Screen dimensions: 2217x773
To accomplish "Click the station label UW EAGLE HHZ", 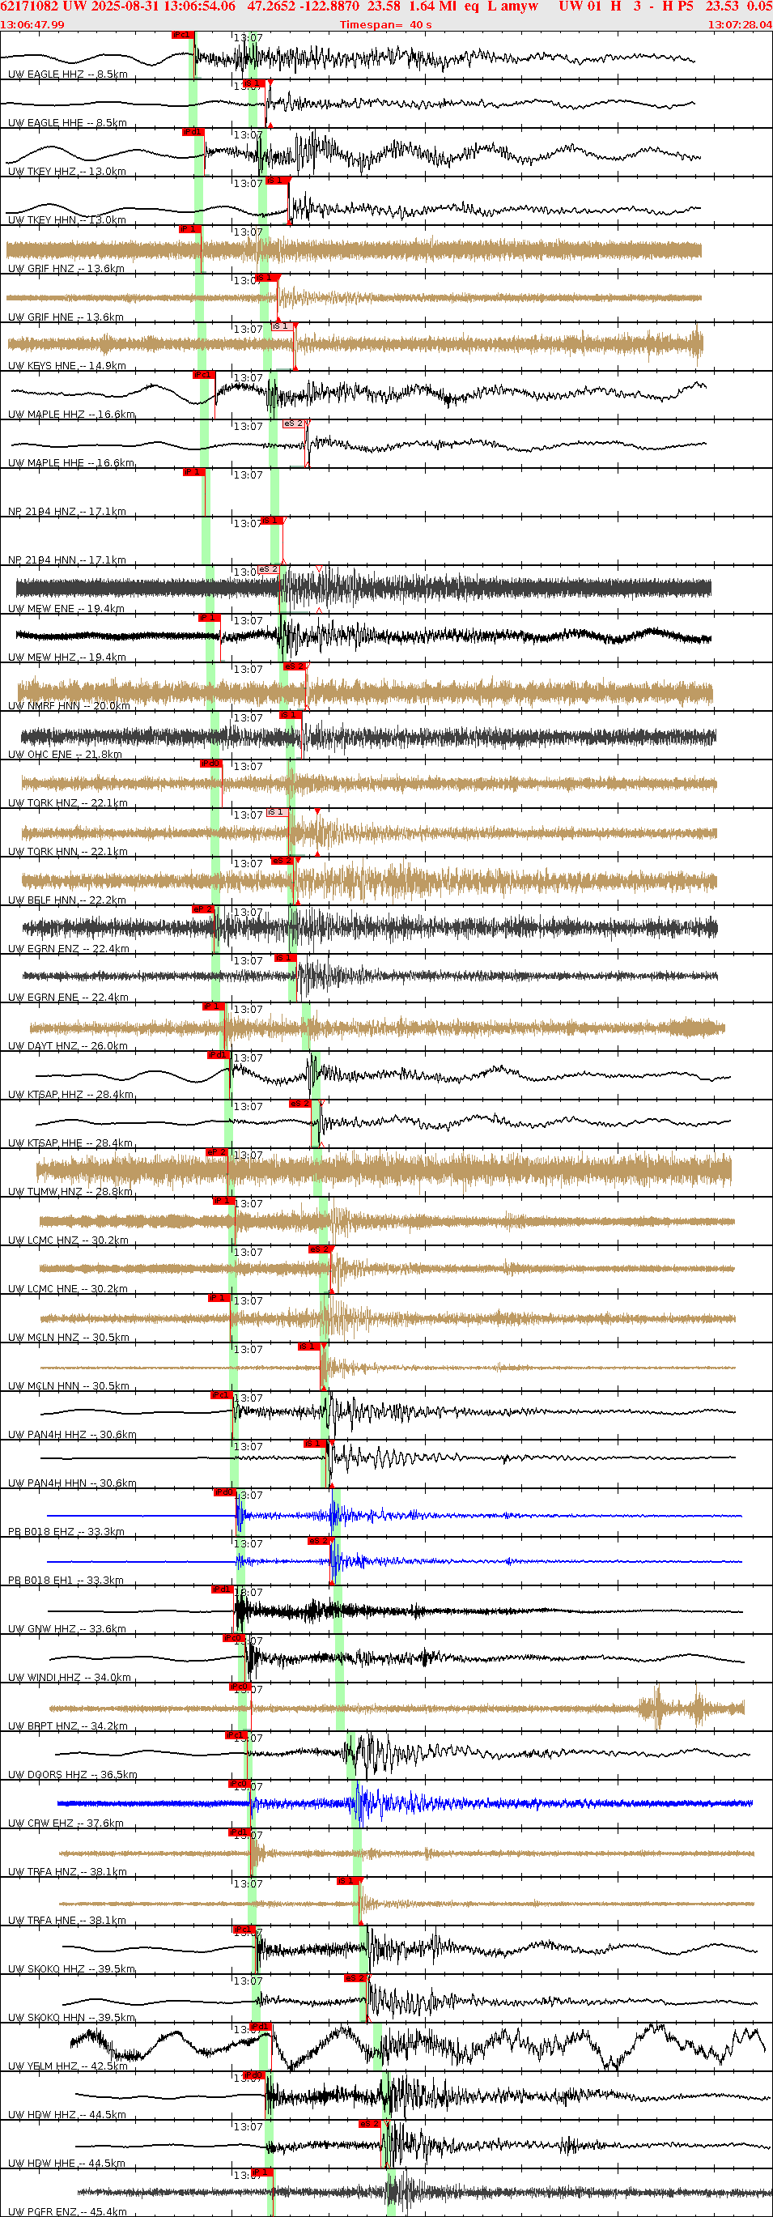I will tap(67, 74).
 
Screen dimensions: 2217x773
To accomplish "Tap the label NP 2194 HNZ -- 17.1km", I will tap(67, 511).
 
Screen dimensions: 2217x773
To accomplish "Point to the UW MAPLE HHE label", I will tap(70, 462).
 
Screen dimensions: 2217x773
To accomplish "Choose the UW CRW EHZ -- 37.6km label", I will tap(66, 1823).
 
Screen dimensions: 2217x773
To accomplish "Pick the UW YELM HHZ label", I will tap(67, 2066).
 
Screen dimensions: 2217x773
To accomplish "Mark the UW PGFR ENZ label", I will tap(67, 2211).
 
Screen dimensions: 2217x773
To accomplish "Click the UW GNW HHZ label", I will tap(67, 1628).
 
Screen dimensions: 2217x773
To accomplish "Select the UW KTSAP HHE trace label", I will tap(70, 1143).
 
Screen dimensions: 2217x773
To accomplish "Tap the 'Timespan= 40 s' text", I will tap(385, 24).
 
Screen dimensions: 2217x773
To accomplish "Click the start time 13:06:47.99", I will tap(32, 24).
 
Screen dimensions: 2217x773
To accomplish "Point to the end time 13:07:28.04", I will tap(740, 24).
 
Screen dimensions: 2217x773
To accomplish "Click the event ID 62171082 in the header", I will tap(29, 7).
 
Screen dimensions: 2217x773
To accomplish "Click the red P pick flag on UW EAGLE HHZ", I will tap(181, 35).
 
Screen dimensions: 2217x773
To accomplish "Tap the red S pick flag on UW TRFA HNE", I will tap(346, 1880).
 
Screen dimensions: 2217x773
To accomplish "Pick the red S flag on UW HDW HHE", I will tap(369, 2123).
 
